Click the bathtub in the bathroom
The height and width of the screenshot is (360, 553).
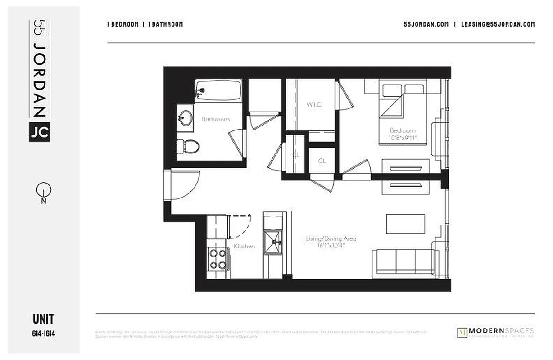(x=218, y=90)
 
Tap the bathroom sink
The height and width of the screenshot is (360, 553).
(x=184, y=119)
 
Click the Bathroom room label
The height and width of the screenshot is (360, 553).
(x=215, y=119)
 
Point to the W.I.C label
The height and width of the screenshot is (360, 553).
(x=314, y=104)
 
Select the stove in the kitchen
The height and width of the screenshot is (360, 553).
(x=218, y=259)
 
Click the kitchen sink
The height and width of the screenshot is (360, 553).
(x=273, y=242)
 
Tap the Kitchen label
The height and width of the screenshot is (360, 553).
(x=244, y=246)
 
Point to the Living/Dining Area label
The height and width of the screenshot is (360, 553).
(x=331, y=238)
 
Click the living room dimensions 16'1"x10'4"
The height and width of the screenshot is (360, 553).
(x=331, y=245)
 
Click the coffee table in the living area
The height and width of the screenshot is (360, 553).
(x=405, y=224)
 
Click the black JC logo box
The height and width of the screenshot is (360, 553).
(x=40, y=132)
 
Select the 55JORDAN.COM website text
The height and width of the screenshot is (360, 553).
(x=426, y=24)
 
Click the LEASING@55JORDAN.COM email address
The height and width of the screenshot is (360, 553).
(x=498, y=24)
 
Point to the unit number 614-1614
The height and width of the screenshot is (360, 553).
(x=44, y=333)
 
